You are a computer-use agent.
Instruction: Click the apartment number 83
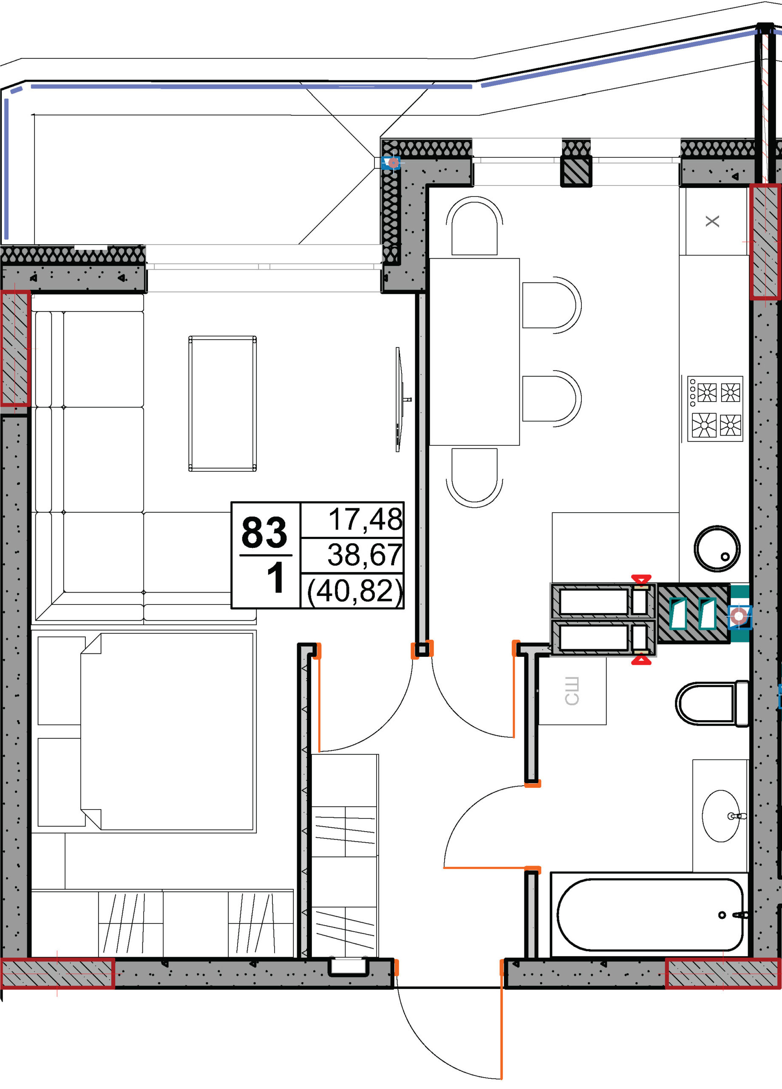264,533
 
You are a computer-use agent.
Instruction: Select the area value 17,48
365,519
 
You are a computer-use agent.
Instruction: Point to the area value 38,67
365,555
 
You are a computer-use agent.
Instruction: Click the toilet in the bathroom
712,704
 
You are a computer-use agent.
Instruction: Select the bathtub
649,915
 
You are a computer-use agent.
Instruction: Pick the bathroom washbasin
721,816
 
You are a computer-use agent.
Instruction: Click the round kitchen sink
717,548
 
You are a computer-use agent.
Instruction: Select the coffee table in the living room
222,404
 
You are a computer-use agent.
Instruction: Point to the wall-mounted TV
399,399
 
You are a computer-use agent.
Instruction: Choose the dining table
474,352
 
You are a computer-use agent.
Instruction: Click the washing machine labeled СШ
572,691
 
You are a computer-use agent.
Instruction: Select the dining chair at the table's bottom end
474,477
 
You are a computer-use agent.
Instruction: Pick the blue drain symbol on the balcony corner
392,163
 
